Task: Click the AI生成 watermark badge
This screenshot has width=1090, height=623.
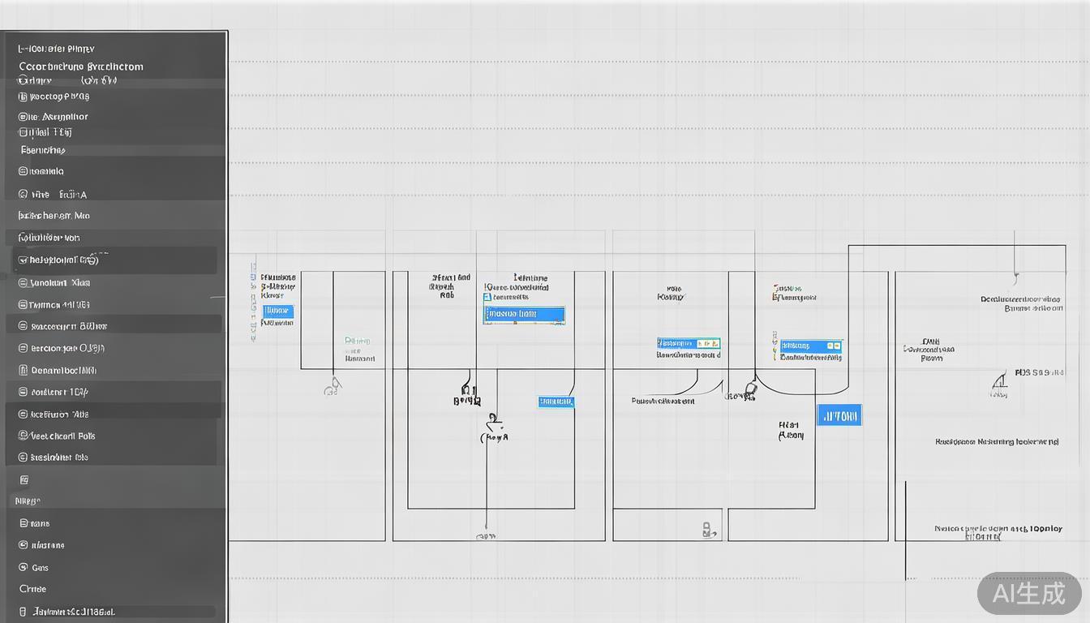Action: click(x=1028, y=593)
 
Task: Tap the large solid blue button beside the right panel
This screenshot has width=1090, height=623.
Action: click(x=839, y=416)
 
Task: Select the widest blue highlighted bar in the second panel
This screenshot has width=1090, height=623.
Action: click(x=524, y=314)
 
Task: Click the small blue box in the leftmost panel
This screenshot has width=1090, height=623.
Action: click(x=278, y=311)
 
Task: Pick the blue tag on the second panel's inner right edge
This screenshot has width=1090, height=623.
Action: click(x=556, y=402)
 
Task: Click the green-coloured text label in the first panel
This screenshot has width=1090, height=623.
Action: click(x=358, y=341)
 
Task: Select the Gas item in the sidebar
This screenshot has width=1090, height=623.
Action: click(x=40, y=568)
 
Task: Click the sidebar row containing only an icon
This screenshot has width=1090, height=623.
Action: click(x=24, y=480)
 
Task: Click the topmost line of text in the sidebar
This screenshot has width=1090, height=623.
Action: click(x=57, y=49)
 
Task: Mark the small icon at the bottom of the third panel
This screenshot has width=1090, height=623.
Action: click(x=706, y=530)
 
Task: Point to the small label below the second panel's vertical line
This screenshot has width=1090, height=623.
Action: click(x=486, y=536)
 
